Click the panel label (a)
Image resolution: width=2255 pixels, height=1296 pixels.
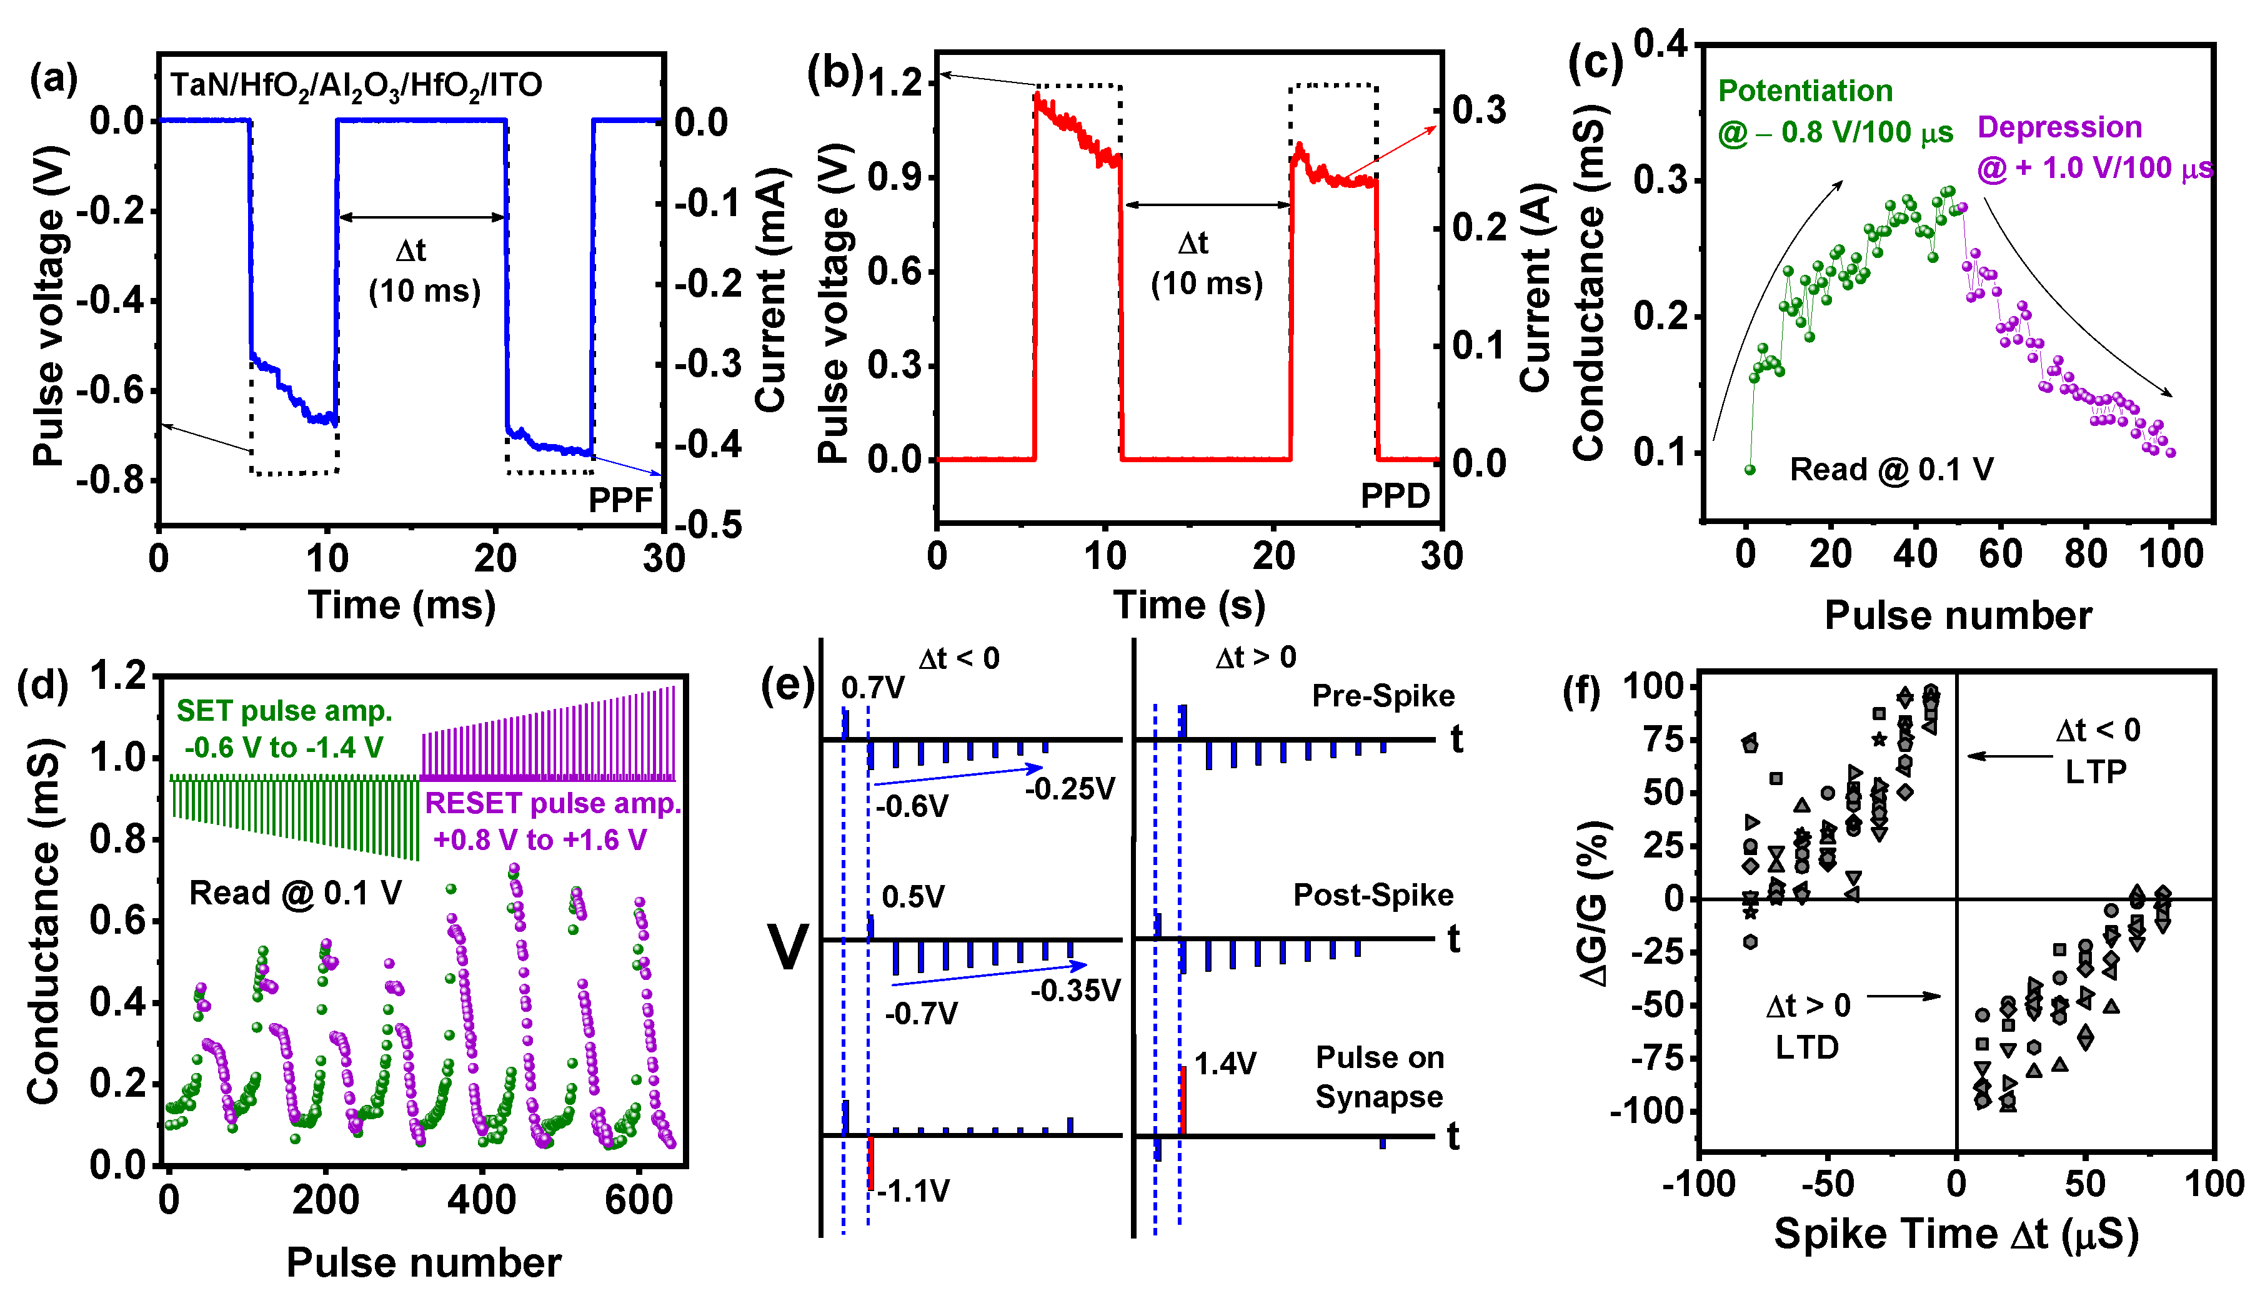[53, 79]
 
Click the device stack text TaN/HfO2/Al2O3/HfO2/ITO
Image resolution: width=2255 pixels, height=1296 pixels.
[356, 86]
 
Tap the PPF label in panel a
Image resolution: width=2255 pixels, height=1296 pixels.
[620, 500]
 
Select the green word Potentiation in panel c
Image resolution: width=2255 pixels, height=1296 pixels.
[1804, 91]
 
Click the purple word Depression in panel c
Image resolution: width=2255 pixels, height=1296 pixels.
[2059, 127]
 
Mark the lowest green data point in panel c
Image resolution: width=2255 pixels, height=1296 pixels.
[1750, 470]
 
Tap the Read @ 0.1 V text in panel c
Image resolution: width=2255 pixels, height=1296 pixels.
[1891, 469]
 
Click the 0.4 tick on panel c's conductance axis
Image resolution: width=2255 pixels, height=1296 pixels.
[1660, 44]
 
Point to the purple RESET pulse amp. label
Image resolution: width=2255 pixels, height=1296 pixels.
[552, 804]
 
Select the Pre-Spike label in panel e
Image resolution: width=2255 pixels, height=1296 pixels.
[1383, 696]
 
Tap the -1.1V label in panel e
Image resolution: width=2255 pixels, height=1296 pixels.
[913, 1191]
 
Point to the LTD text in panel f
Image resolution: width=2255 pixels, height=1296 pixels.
[1806, 1047]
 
